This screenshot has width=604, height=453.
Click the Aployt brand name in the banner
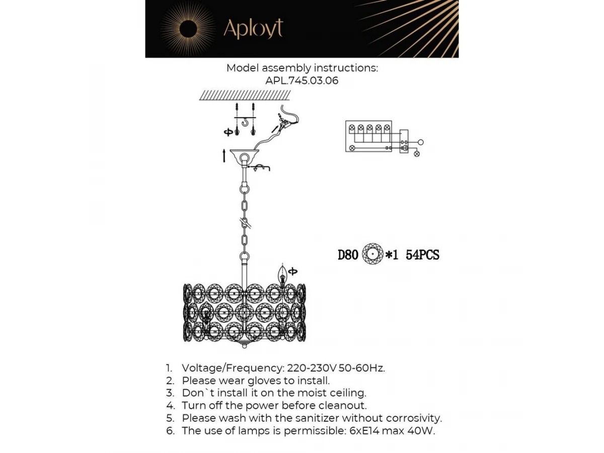coord(253,29)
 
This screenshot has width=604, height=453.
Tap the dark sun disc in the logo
coord(188,29)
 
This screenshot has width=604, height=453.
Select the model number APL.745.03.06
coord(301,81)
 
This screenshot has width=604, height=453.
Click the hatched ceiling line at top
coord(245,95)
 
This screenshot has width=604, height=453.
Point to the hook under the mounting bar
coord(245,122)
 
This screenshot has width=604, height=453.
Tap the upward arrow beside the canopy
coord(224,156)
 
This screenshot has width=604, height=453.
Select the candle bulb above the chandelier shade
coord(282,275)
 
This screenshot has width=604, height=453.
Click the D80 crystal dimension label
coord(348,255)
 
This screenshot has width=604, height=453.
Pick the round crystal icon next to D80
coord(372,254)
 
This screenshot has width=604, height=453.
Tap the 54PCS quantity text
coord(422,255)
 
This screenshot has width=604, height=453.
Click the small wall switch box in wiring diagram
coord(404,141)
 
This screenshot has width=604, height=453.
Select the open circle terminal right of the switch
coord(420,142)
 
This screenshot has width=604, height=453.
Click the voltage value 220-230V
coord(312,368)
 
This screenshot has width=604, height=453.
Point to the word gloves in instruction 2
coord(264,381)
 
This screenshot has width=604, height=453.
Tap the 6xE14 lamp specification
coord(364,431)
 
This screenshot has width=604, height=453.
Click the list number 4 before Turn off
coord(171,405)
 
